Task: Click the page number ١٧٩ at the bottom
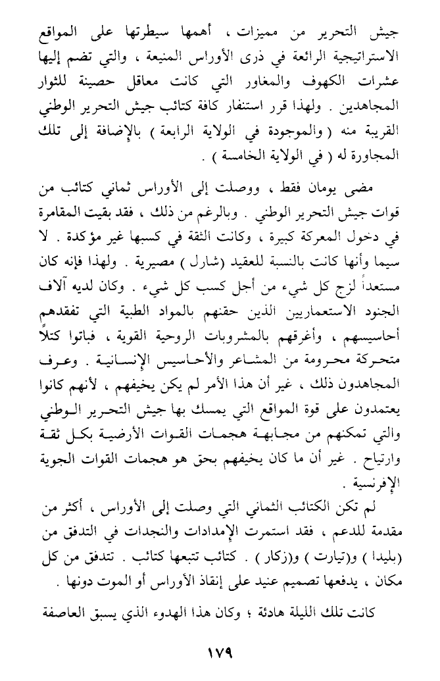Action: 219,655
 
